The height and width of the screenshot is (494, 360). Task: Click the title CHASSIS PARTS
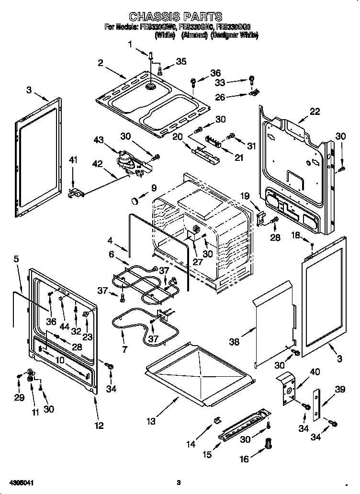tap(176, 18)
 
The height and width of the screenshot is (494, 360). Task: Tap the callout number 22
tap(314, 112)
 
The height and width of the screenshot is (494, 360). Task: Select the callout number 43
tap(99, 139)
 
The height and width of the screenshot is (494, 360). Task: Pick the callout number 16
tap(244, 459)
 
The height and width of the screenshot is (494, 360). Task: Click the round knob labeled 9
tap(137, 198)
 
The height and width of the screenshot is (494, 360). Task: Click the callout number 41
tap(73, 160)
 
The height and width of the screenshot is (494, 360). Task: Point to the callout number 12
tap(99, 426)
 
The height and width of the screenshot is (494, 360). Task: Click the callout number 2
tap(101, 62)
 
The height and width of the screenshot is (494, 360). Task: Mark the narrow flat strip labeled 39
tap(316, 405)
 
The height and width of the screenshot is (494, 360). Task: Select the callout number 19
tap(245, 195)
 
